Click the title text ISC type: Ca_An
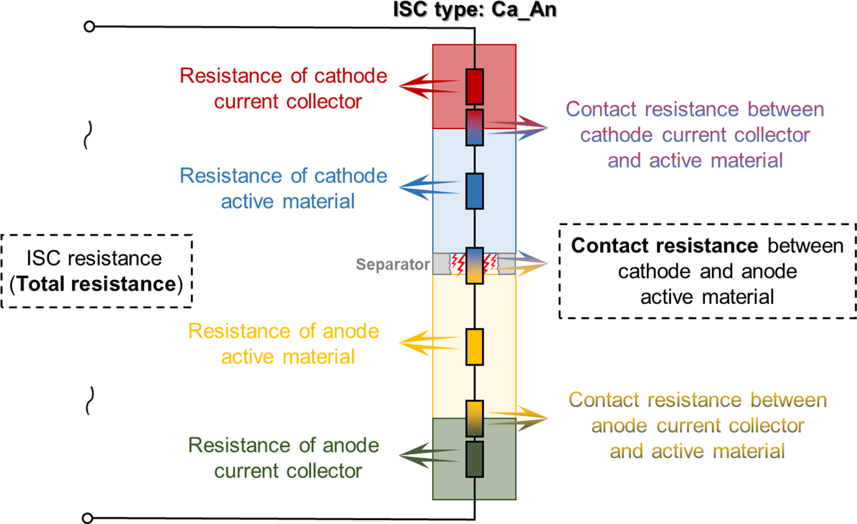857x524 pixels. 474,10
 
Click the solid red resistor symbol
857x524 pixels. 474,86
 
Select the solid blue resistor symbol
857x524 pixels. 474,191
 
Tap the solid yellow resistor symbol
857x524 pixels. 474,347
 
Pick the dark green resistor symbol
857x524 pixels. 474,460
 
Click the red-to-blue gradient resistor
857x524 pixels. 474,127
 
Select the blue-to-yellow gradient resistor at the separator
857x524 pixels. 474,266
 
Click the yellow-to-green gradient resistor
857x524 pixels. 474,419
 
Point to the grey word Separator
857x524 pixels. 392,264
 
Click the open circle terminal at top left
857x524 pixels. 90,26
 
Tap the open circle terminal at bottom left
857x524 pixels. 87,517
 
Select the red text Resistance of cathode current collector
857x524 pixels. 284,89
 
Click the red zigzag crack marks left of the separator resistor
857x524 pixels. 457,264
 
